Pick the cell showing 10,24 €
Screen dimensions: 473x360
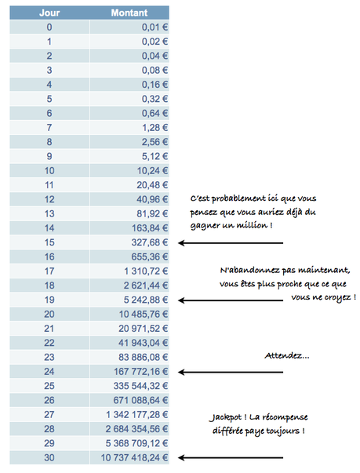coord(145,170)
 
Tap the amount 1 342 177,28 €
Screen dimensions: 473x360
coord(133,413)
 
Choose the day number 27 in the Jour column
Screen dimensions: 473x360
coord(49,413)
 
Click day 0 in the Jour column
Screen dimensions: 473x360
coord(49,27)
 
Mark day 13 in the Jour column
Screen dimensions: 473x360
coord(49,213)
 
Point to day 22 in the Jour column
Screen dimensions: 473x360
coord(49,342)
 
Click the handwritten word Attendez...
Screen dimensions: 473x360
coord(288,356)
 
